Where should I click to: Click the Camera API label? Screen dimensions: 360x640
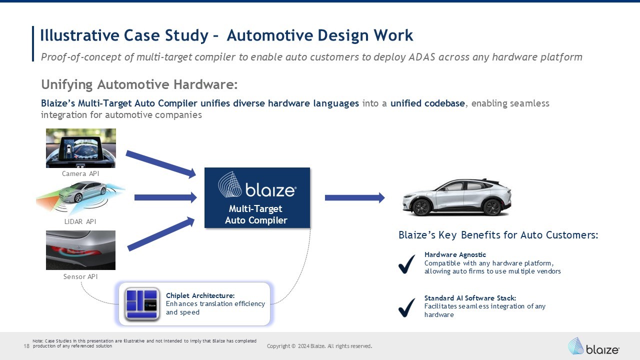(x=80, y=173)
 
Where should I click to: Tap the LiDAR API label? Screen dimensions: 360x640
(x=80, y=221)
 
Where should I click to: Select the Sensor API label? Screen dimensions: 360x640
(x=80, y=276)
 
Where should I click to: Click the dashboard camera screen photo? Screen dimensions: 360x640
(x=80, y=148)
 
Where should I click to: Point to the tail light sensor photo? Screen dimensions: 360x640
(x=80, y=250)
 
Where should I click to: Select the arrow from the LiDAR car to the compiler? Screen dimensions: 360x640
(x=165, y=197)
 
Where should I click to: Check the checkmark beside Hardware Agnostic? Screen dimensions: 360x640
(x=406, y=264)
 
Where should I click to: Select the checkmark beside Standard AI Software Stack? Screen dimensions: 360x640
(x=406, y=307)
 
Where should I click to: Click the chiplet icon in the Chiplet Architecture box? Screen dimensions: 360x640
(x=142, y=303)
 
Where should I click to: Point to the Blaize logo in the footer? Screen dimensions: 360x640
(x=593, y=346)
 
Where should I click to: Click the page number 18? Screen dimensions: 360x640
(x=26, y=346)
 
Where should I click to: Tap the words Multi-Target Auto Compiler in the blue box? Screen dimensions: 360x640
(x=256, y=214)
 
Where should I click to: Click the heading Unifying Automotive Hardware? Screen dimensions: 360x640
(x=139, y=84)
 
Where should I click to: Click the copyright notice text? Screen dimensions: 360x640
(x=319, y=346)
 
